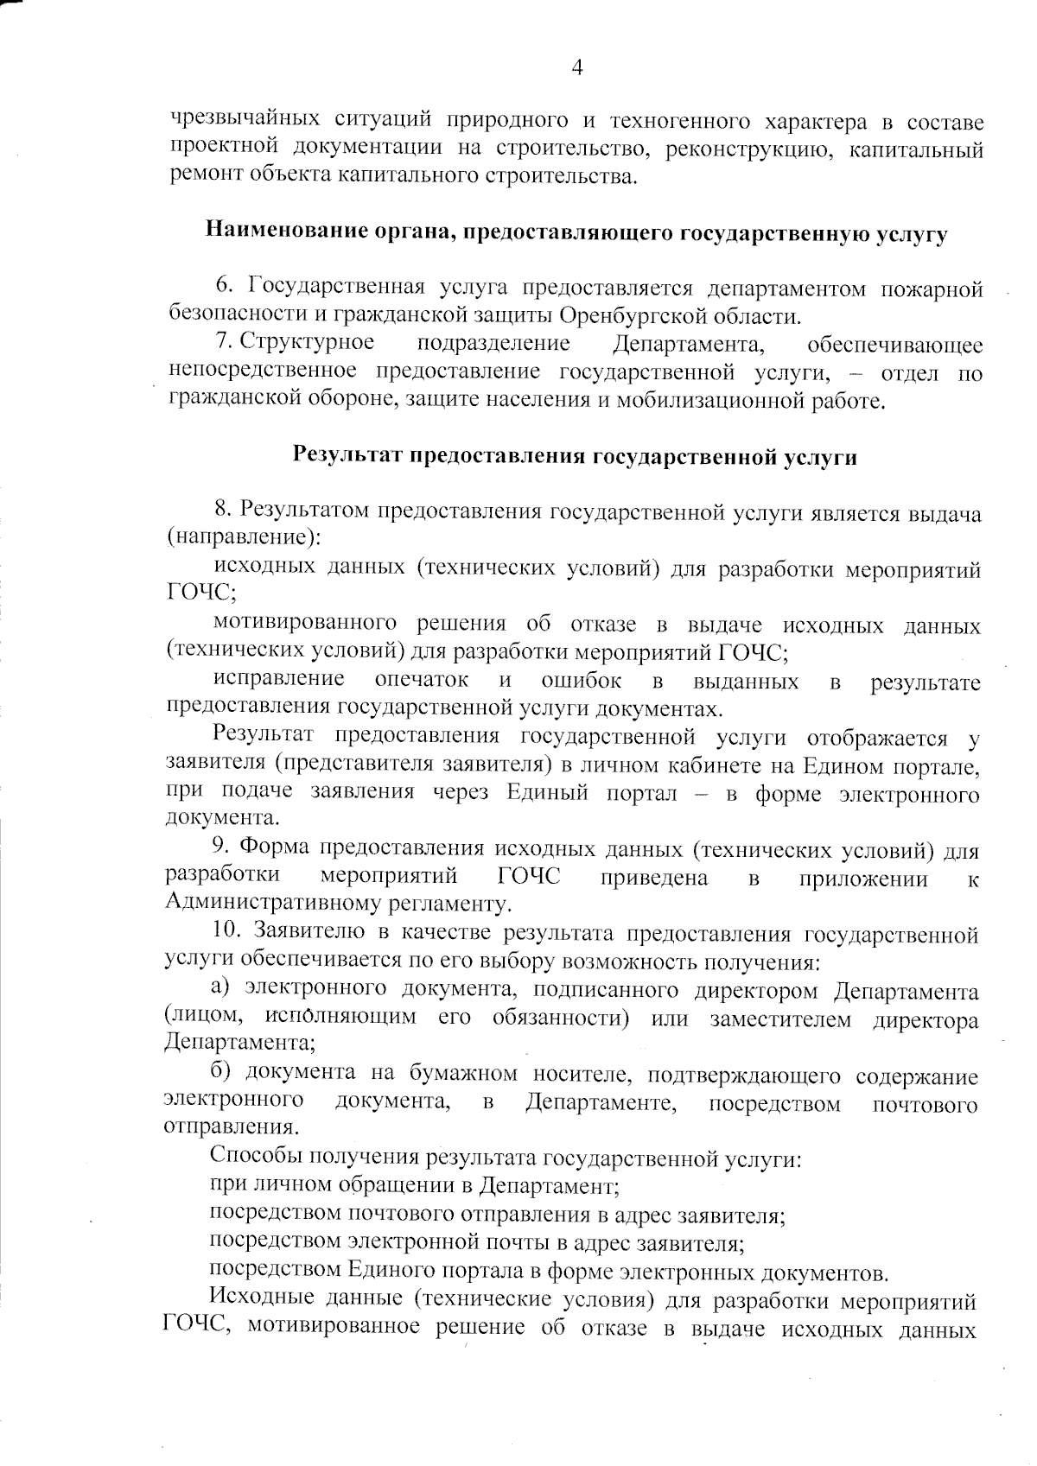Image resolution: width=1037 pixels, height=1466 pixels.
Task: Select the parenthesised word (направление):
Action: click(x=243, y=538)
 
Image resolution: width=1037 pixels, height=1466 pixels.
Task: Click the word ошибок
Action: click(x=581, y=680)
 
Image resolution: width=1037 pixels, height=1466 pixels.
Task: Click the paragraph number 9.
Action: click(x=220, y=851)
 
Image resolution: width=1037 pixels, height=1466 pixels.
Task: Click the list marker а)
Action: click(x=222, y=990)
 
